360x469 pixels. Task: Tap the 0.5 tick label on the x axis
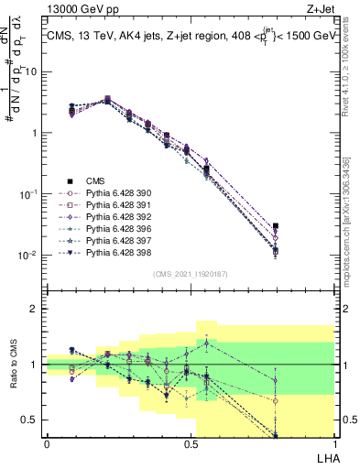(x=191, y=444)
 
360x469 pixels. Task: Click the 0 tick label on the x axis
(x=47, y=444)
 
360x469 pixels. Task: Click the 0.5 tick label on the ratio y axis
(x=31, y=420)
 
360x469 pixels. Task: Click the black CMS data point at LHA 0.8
(x=275, y=225)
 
